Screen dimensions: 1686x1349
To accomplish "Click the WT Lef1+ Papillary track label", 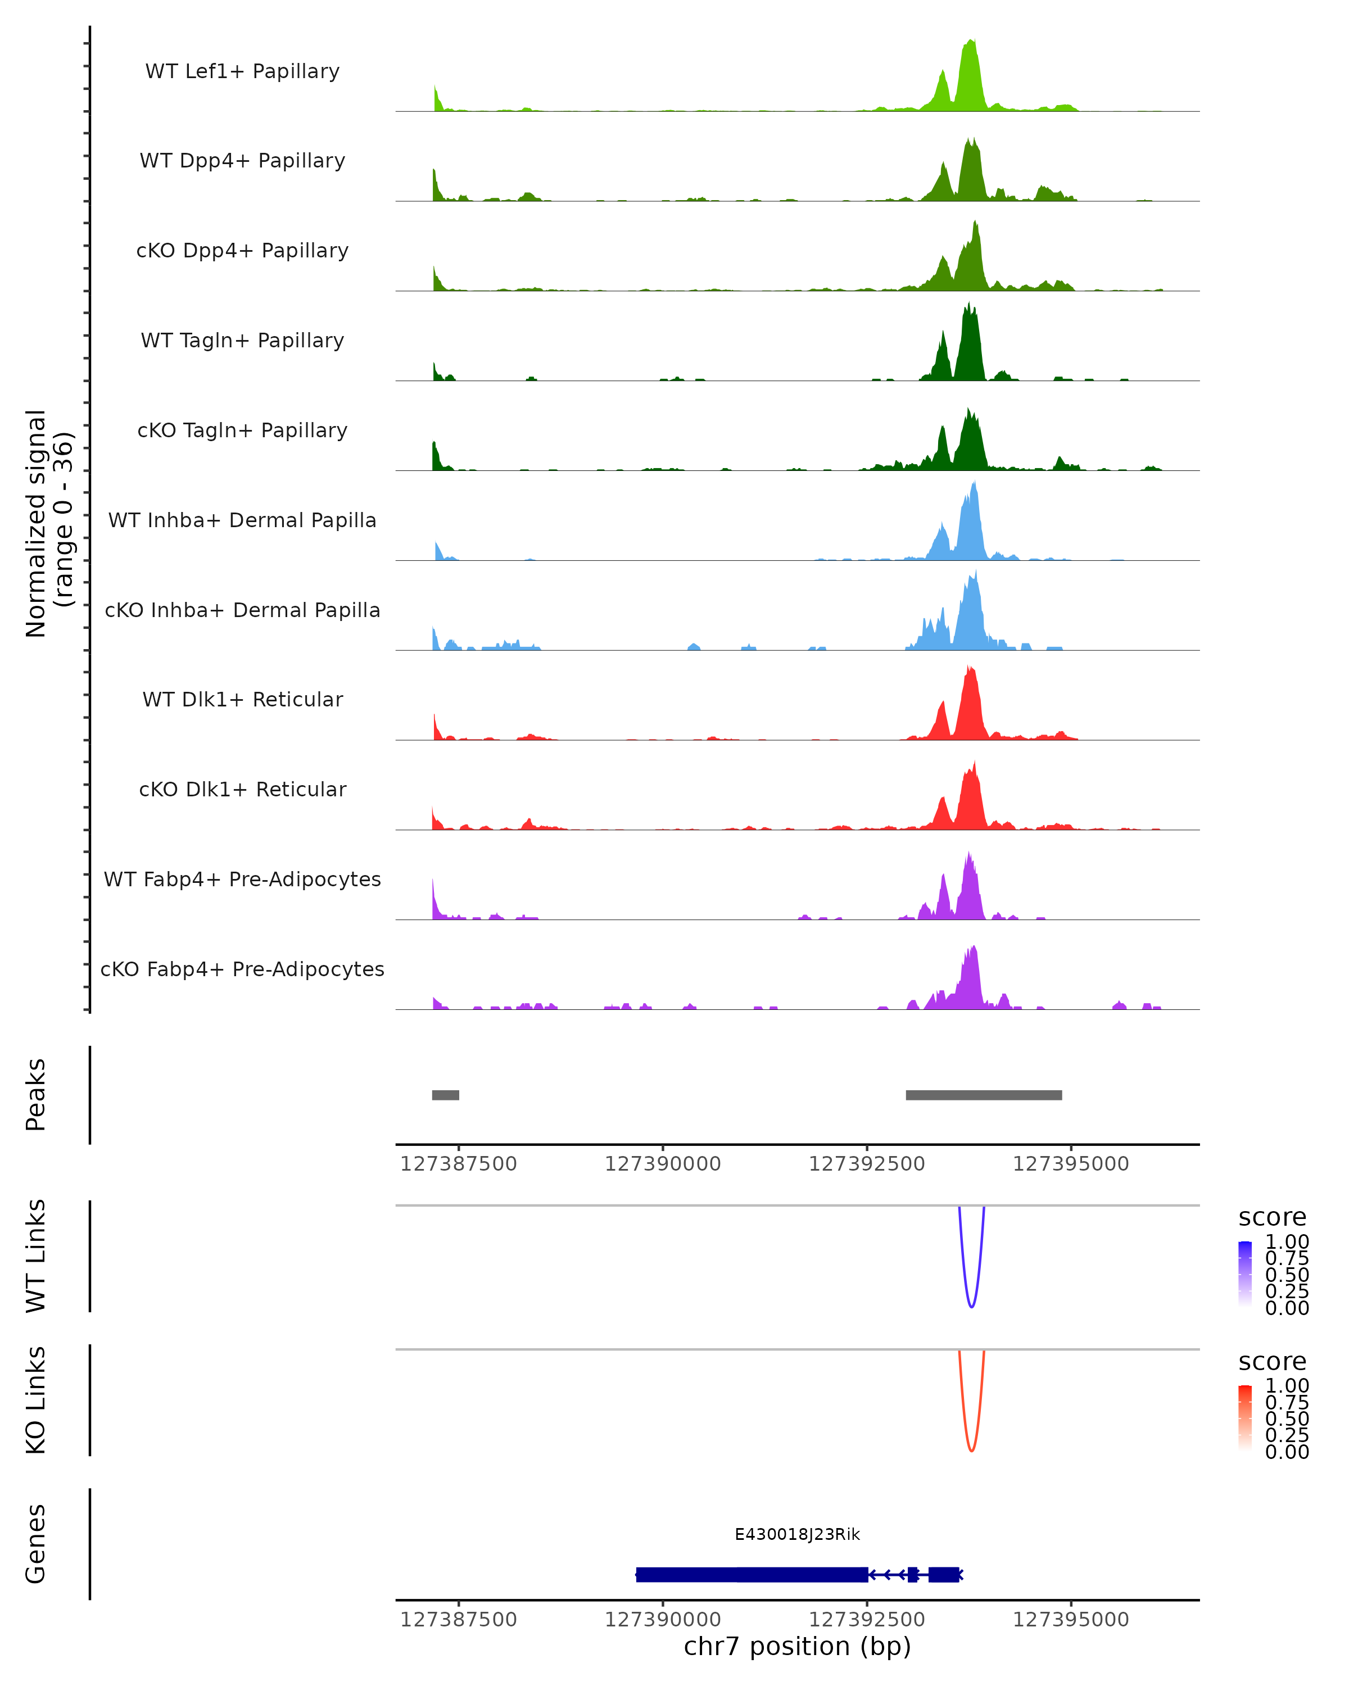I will click(x=242, y=71).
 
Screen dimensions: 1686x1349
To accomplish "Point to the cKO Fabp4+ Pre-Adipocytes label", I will click(x=242, y=969).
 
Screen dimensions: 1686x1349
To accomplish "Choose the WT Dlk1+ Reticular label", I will click(x=242, y=700).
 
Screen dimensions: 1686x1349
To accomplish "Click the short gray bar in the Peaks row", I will click(x=446, y=1095).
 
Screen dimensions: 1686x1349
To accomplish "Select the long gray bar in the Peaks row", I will click(x=984, y=1095).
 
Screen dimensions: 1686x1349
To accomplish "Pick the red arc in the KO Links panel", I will click(x=971, y=1449).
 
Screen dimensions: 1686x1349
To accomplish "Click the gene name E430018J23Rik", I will click(x=797, y=1534).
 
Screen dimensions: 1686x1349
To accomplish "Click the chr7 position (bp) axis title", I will click(x=797, y=1646).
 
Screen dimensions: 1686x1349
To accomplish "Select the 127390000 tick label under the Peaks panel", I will click(x=662, y=1164).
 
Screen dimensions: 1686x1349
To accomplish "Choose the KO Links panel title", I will click(x=36, y=1400).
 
